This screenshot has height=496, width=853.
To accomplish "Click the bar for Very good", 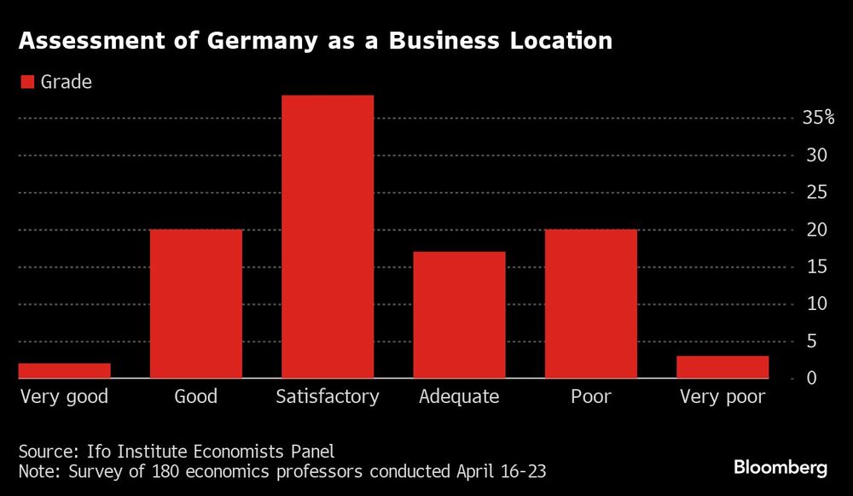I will (65, 371).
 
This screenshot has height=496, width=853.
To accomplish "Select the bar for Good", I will (196, 304).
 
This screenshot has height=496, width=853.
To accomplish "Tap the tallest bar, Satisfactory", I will (328, 236).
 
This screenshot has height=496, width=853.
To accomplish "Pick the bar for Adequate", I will (459, 315).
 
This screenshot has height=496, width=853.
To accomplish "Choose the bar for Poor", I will (591, 304).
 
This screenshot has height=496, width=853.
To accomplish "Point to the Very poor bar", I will (722, 367).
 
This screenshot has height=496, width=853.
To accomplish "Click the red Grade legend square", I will (26, 82).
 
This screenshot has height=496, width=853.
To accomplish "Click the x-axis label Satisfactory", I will (328, 397).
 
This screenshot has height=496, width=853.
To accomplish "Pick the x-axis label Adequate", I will (459, 397).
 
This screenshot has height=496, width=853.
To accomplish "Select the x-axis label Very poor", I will (722, 397).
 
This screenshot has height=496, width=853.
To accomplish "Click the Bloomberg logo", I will (780, 468).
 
